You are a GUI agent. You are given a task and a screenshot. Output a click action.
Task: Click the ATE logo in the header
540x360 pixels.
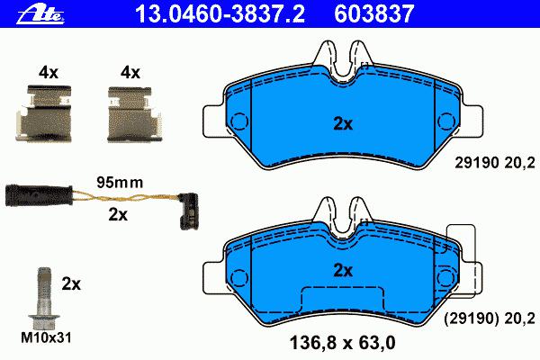(40, 14)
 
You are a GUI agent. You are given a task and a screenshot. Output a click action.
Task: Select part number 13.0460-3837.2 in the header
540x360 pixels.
(220, 13)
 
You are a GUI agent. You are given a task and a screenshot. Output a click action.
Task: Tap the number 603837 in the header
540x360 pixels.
(374, 13)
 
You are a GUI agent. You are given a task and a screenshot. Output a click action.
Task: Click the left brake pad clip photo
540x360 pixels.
(44, 113)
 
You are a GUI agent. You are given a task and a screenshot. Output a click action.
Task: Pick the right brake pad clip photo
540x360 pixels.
(134, 114)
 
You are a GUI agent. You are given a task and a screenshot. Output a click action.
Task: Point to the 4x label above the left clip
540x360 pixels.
(49, 73)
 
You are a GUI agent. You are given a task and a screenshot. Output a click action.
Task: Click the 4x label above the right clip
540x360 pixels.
(130, 73)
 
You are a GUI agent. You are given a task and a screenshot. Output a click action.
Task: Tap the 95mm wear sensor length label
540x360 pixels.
(120, 182)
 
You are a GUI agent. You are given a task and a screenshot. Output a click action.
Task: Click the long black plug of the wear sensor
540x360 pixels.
(39, 195)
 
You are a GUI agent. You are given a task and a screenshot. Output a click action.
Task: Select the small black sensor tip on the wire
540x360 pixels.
(188, 211)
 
